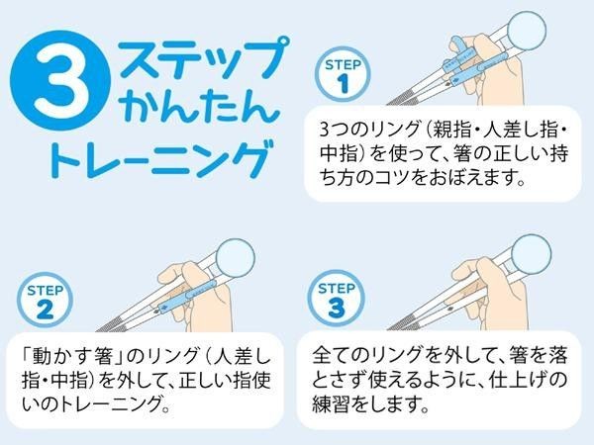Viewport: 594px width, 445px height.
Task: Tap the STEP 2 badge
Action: pos(44,298)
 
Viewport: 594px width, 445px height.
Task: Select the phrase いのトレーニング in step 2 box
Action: pos(99,406)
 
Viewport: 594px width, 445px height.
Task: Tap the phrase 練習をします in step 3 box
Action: pos(369,406)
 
